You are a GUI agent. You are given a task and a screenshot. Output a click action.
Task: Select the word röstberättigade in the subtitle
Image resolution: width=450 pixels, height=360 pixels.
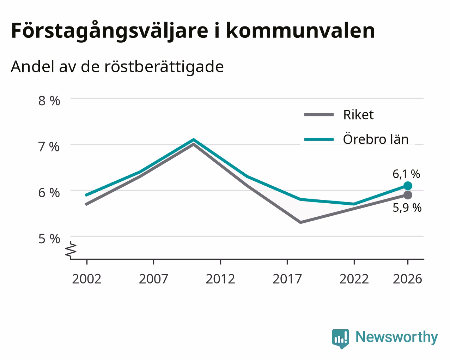click(x=164, y=67)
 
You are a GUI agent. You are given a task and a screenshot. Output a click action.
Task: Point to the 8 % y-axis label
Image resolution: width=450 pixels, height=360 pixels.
click(x=49, y=101)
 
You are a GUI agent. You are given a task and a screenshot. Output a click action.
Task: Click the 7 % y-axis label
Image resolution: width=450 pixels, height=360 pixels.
click(x=49, y=147)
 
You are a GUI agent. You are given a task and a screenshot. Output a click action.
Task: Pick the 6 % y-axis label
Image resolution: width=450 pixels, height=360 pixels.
click(x=49, y=193)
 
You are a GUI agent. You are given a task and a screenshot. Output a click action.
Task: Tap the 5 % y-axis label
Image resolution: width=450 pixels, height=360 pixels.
click(x=49, y=239)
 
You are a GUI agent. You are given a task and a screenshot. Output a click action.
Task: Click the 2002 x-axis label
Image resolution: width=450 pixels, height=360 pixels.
click(x=86, y=279)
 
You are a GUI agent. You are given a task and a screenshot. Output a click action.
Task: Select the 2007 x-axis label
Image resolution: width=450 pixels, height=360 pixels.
click(x=153, y=279)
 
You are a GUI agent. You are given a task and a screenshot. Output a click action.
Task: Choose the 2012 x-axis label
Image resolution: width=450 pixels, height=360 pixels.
click(x=220, y=279)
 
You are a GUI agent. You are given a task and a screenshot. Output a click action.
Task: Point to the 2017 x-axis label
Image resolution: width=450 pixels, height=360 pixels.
click(x=287, y=279)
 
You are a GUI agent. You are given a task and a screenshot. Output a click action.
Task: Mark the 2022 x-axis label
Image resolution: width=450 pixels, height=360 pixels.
click(x=354, y=279)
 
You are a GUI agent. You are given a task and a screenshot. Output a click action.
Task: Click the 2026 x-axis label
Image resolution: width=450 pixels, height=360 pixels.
click(x=408, y=279)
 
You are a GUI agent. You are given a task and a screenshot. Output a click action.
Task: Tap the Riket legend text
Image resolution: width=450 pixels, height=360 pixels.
click(x=358, y=115)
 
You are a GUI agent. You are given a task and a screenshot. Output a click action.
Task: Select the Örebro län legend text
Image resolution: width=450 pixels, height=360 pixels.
click(x=376, y=139)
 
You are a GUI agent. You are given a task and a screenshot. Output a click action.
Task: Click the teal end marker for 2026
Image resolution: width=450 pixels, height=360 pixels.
click(x=408, y=186)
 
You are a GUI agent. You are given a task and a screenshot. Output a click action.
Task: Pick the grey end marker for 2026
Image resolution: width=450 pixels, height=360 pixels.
click(x=408, y=195)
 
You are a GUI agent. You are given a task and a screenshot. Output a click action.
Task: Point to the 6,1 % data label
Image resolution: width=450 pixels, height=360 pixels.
click(x=406, y=174)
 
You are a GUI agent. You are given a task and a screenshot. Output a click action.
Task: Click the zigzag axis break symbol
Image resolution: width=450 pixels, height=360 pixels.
click(x=71, y=249)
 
